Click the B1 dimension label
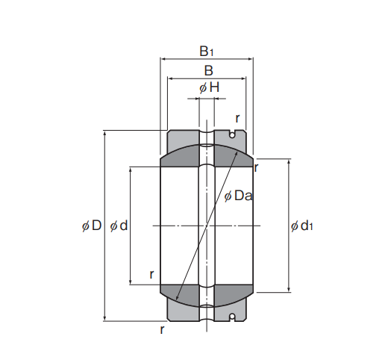[x=207, y=51]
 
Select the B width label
[x=208, y=70]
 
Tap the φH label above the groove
[x=209, y=87]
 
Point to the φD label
[x=92, y=226]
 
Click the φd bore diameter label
[x=119, y=226]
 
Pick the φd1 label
[x=301, y=226]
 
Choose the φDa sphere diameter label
[x=238, y=196]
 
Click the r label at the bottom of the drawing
[x=162, y=329]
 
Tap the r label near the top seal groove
[x=237, y=118]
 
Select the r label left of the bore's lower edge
[x=151, y=274]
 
